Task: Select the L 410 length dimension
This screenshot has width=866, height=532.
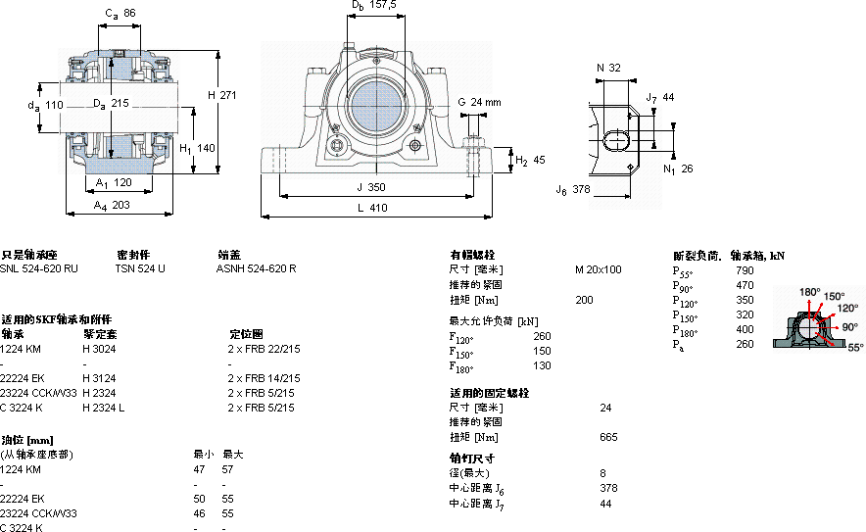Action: click(x=373, y=208)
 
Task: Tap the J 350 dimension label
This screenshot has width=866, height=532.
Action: click(x=372, y=186)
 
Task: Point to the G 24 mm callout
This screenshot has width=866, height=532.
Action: click(x=479, y=101)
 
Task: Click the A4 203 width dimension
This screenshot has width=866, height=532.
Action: click(x=112, y=205)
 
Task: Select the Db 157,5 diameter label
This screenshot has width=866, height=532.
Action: click(x=374, y=5)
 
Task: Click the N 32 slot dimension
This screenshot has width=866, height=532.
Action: click(x=608, y=68)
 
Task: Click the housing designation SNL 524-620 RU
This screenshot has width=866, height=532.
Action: click(x=39, y=268)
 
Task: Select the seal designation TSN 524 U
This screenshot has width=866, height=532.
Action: click(x=140, y=268)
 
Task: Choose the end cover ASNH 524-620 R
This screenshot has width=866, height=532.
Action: click(x=256, y=268)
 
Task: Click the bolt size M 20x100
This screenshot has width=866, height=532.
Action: click(x=598, y=269)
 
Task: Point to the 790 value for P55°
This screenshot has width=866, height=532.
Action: click(x=745, y=269)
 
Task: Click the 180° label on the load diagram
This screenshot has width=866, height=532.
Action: click(x=809, y=292)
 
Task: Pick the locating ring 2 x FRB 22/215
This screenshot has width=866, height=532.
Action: click(x=265, y=348)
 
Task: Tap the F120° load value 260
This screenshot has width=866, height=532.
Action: click(x=542, y=337)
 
